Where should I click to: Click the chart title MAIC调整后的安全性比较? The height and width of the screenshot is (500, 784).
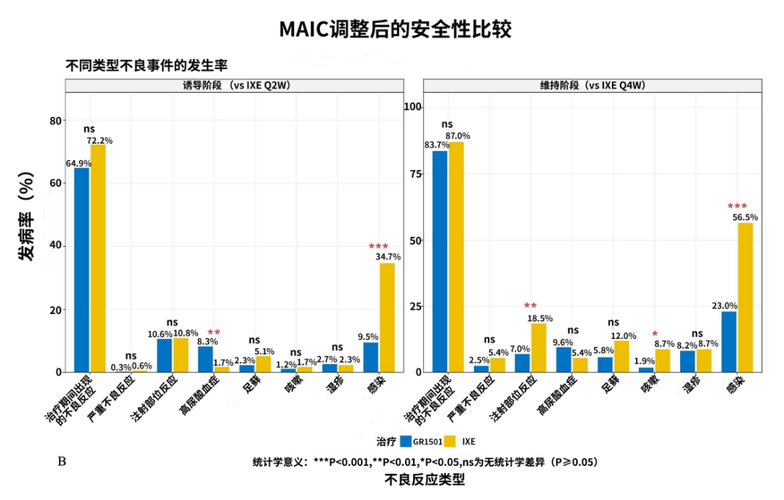(396, 29)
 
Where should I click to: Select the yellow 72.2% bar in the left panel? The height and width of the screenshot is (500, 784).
(98, 258)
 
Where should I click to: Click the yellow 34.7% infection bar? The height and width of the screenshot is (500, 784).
(388, 317)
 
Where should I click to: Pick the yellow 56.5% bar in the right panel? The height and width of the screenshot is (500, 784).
(746, 298)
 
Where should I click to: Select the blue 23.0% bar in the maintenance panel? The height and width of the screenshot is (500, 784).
(729, 341)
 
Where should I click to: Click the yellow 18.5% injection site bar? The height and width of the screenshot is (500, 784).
(539, 348)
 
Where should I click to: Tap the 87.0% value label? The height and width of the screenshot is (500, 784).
(458, 136)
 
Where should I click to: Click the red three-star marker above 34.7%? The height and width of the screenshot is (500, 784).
(379, 247)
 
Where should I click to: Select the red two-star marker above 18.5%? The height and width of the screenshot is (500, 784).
(531, 306)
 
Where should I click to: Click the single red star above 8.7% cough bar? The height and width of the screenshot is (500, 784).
(655, 335)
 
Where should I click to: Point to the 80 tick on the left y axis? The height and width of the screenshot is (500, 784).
(54, 121)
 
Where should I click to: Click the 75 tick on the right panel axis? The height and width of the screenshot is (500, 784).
(414, 173)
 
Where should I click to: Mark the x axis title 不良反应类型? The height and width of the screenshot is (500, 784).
(425, 480)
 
